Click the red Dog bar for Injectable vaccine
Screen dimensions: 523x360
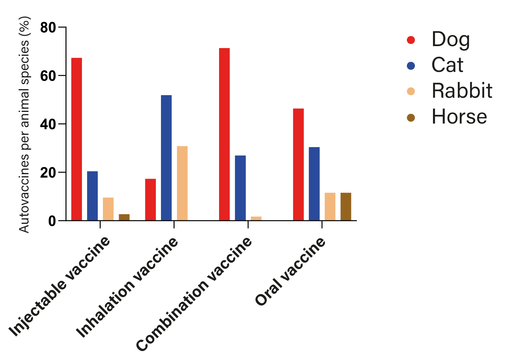point(76,139)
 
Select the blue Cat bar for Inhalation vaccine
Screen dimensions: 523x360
point(166,158)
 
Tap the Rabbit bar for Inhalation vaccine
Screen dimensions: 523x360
point(182,183)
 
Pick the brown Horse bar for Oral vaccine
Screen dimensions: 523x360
point(346,207)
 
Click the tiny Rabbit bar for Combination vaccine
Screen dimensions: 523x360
point(256,218)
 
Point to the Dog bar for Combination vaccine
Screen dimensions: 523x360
point(224,134)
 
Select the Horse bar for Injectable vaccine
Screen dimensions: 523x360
point(124,217)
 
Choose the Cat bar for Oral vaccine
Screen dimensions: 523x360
point(314,184)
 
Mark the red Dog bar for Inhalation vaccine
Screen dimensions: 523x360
point(150,200)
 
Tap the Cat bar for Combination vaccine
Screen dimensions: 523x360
point(240,188)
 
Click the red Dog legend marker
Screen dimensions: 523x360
point(411,40)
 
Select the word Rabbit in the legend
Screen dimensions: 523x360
point(462,91)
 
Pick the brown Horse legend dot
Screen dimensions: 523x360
point(411,118)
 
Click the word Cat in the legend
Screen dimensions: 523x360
point(448,65)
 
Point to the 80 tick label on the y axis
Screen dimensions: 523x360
point(48,27)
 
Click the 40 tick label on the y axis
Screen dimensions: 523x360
point(48,124)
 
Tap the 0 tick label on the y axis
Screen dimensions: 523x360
point(52,221)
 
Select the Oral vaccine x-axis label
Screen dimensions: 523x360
point(290,271)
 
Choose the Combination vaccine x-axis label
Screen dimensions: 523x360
point(194,294)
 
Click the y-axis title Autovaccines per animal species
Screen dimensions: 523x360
point(24,125)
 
